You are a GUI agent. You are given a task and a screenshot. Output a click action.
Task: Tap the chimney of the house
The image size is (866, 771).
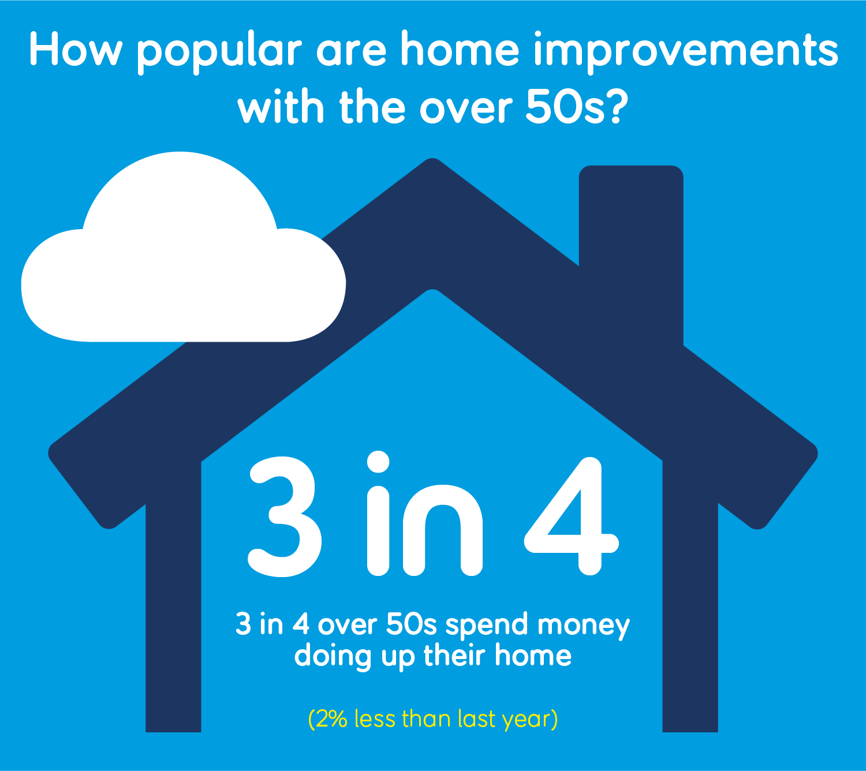631,239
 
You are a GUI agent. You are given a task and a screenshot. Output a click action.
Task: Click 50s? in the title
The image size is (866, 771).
577,106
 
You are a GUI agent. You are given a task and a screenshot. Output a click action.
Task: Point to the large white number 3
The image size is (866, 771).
284,517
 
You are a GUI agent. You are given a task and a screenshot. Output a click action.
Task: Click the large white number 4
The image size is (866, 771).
572,516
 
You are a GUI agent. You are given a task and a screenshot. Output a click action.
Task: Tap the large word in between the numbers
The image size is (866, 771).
425,513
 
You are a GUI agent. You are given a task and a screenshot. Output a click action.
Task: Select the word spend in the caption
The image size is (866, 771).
487,626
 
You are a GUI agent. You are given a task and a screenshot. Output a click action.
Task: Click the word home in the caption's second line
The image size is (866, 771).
533,655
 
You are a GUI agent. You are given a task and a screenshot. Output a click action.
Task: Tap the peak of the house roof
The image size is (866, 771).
432,160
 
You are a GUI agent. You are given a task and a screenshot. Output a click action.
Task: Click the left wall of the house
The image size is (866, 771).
173,598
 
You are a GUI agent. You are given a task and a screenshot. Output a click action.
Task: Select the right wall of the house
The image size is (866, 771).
690,598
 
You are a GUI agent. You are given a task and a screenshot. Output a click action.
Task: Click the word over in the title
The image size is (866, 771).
466,108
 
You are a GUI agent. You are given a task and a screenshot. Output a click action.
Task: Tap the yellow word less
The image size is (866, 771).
375,719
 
